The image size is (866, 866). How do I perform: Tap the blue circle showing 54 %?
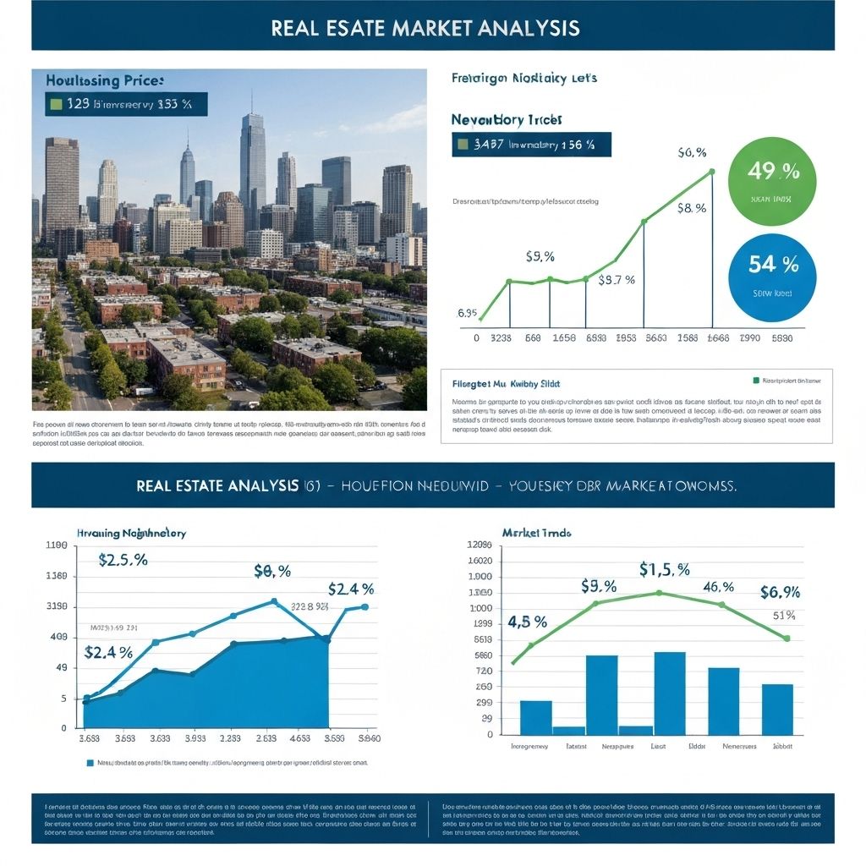click(x=772, y=277)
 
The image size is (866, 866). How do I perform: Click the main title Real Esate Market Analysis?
click(x=425, y=27)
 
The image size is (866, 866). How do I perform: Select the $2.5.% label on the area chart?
click(x=123, y=560)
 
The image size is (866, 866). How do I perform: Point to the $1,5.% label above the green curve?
click(x=664, y=569)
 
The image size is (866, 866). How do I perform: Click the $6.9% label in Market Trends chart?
click(x=779, y=591)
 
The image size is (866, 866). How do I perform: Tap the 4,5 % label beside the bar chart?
click(x=527, y=622)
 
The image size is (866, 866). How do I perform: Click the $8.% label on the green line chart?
click(x=691, y=207)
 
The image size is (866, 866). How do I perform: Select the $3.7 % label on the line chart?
click(x=617, y=280)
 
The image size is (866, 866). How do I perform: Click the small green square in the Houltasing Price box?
click(x=56, y=104)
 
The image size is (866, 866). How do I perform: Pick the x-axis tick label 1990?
click(x=749, y=337)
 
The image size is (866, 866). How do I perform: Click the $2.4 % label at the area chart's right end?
click(x=351, y=589)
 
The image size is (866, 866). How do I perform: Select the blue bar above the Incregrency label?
click(x=535, y=717)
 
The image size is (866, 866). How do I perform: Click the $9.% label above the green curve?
click(x=598, y=586)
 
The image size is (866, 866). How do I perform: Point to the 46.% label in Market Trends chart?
click(x=719, y=586)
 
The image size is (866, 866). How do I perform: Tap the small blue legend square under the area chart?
click(x=90, y=762)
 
